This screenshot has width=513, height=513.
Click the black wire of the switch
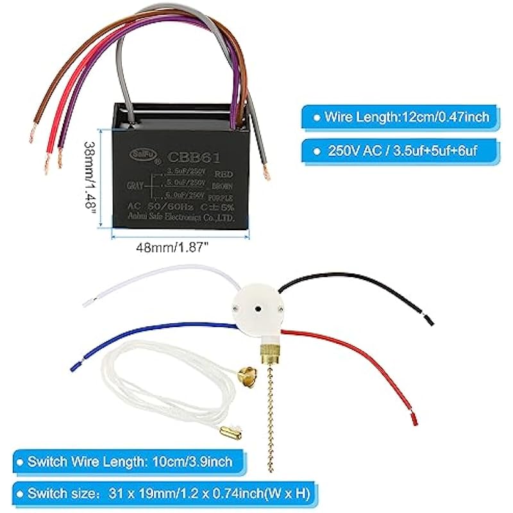tap(359, 282)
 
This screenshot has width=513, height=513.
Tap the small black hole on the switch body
tap(255, 307)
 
